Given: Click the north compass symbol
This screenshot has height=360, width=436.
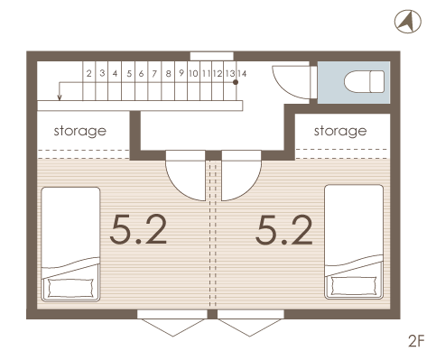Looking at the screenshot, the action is (408, 22).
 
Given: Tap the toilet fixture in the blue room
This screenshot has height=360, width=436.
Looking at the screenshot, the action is (365, 81).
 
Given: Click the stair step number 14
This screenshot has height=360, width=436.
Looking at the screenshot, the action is (242, 73).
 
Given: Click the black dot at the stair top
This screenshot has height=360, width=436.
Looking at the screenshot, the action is (236, 82).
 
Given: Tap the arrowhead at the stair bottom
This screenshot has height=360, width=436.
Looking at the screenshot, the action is (60, 97).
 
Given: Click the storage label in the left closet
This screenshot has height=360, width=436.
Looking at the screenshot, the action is (80, 132).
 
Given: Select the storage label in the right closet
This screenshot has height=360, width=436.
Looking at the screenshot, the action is (340, 132).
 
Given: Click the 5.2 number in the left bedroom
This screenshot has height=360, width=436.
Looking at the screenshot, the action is (138, 229).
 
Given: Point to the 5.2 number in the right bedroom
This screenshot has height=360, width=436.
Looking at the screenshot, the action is (284, 229).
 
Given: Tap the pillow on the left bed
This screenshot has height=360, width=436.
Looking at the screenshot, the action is (70, 288).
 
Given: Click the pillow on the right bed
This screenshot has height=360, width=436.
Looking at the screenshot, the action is (354, 286).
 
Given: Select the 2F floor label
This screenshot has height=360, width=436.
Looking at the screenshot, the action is (416, 341).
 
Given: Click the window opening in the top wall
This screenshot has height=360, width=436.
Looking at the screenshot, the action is (212, 56).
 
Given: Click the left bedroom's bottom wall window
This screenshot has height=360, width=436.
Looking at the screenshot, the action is (172, 314).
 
